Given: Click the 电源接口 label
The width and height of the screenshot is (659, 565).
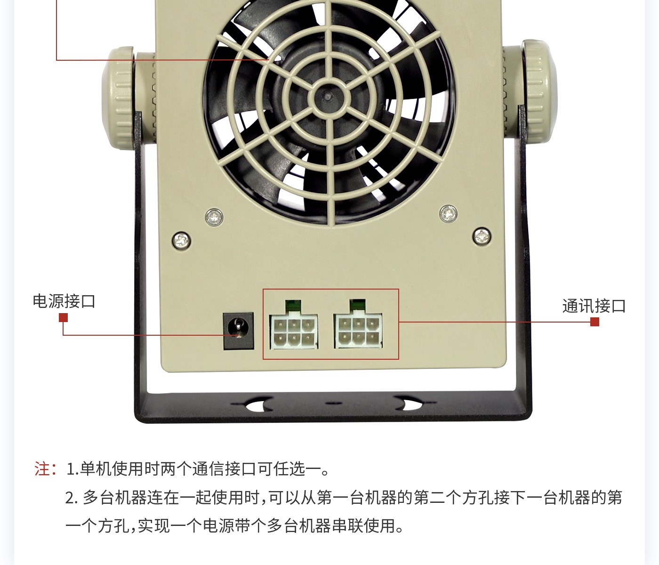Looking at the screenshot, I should [64, 301].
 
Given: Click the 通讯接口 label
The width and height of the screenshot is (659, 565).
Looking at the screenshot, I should [594, 306].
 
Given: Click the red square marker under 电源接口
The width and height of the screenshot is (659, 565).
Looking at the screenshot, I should [64, 318].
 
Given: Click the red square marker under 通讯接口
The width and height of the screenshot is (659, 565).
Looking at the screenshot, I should [595, 322].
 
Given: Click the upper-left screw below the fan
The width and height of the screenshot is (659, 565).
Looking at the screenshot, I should [214, 217].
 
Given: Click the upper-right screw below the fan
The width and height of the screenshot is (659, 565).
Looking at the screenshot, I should [448, 214].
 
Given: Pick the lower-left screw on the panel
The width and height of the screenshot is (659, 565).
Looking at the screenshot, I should [181, 240].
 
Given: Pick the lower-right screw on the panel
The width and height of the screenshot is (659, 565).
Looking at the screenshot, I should [482, 236].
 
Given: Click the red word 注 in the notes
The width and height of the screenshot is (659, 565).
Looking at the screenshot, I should [42, 469].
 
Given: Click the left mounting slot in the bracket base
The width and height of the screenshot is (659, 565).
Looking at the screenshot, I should [258, 404].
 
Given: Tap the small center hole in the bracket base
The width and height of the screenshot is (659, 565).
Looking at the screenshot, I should [333, 404].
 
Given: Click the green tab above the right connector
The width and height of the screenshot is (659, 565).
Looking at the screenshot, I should [357, 304].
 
